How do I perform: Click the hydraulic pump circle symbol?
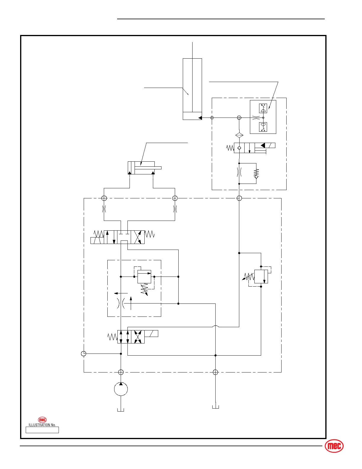pos(121,389)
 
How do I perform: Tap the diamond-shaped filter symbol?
pos(239,135)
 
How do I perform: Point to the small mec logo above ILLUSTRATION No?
pos(42,420)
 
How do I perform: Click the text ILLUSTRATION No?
pos(42,425)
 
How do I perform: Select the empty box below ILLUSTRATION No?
pos(42,430)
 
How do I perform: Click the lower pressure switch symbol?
pos(263,127)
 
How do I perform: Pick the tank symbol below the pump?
pos(121,409)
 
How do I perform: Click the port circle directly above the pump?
pos(121,372)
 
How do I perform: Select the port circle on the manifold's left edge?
pos(83,354)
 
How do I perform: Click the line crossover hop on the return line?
pos(215,327)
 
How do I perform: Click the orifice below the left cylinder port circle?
pos(104,209)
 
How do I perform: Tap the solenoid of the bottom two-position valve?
pos(151,333)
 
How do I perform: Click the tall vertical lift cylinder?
pos(192,89)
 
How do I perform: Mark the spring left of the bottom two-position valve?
pos(112,337)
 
